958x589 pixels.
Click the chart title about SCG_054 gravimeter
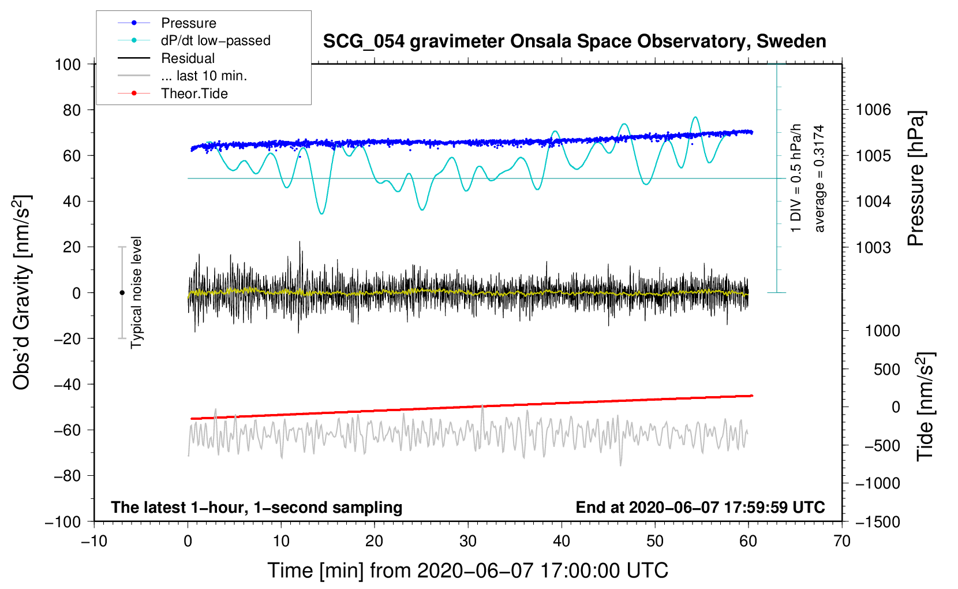pos(574,42)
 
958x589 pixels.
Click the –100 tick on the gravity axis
pos(63,521)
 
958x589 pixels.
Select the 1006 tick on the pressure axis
pos(873,110)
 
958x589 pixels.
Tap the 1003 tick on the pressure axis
pos(873,247)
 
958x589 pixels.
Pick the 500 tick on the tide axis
pos(887,369)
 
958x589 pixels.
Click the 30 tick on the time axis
pos(468,541)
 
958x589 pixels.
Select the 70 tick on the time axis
pos(842,541)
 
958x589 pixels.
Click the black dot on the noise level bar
pos(122,293)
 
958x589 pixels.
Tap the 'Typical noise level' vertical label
pos(136,292)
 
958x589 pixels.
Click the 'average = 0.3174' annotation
pos(819,178)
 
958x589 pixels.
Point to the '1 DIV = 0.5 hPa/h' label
pos(796,178)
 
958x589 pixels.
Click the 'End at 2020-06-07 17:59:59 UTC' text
pos(700,507)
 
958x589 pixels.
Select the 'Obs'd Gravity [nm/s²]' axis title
pos(22,292)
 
